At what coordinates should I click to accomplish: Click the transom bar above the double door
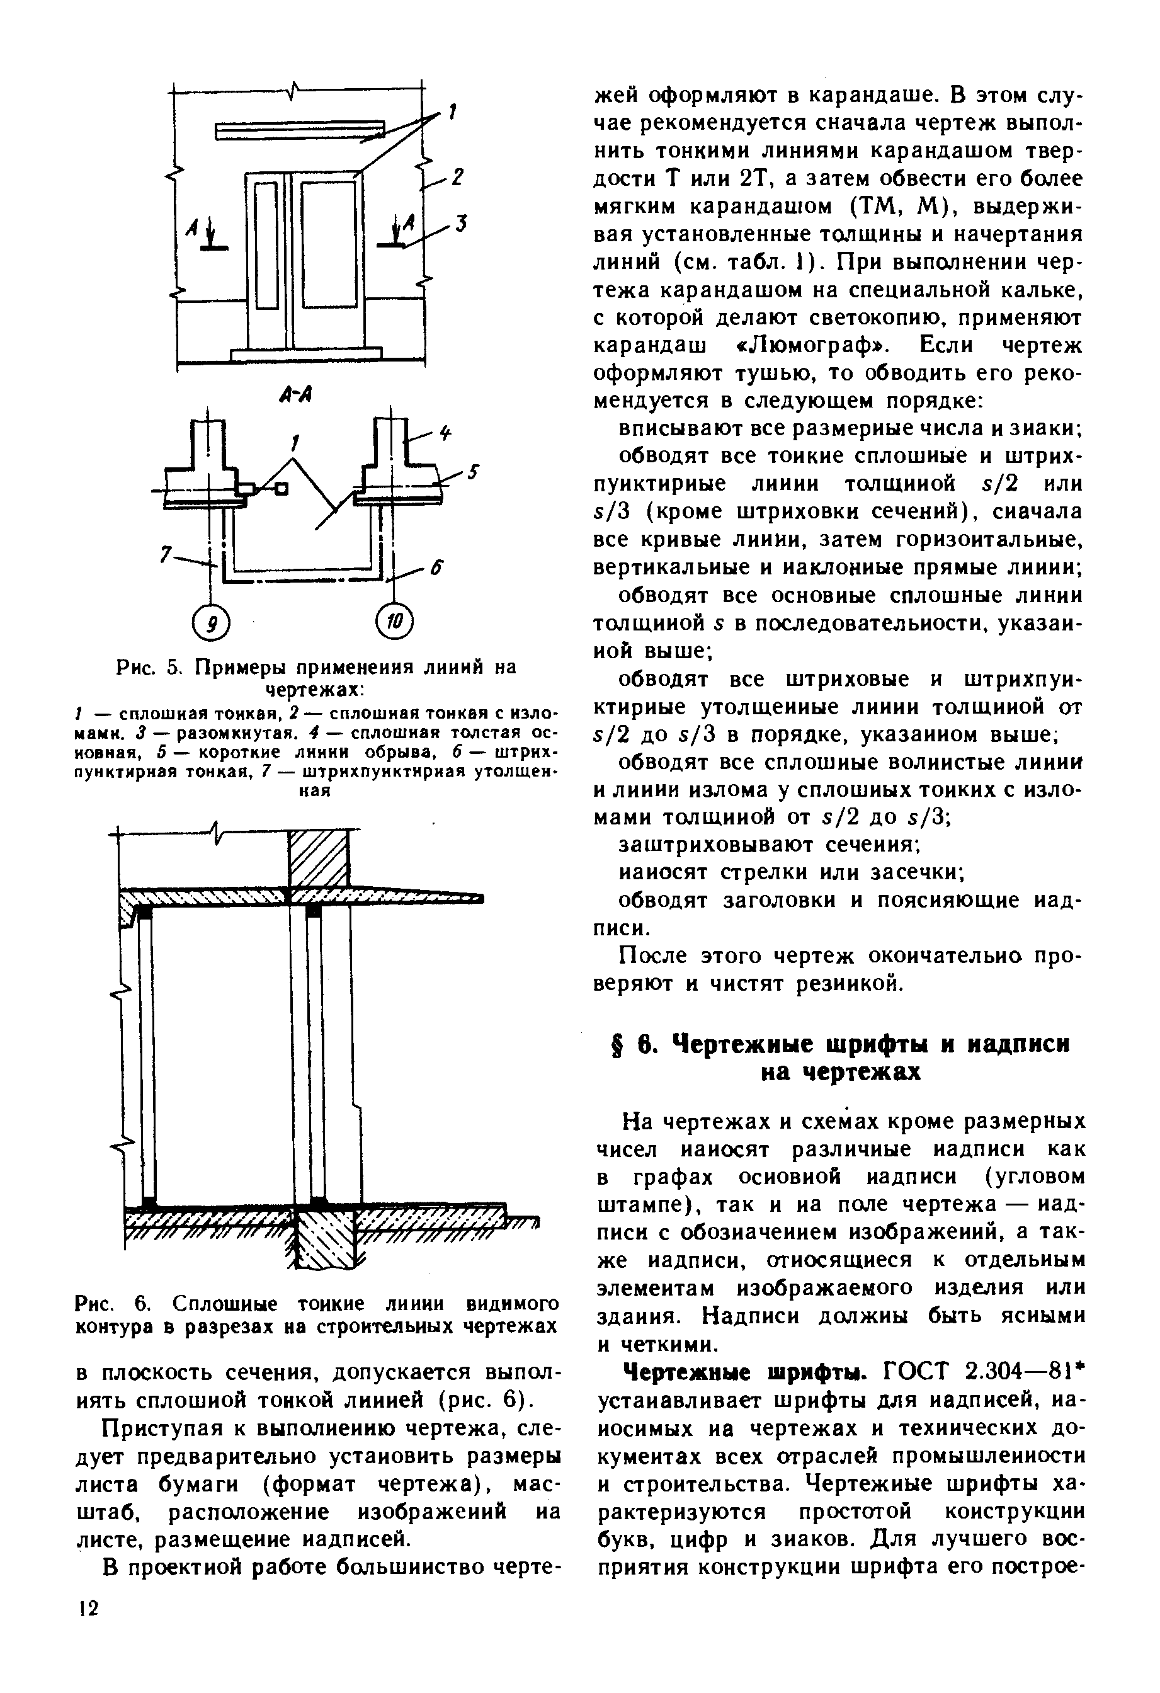pos(299,130)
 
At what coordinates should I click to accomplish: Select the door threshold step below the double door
pos(306,354)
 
